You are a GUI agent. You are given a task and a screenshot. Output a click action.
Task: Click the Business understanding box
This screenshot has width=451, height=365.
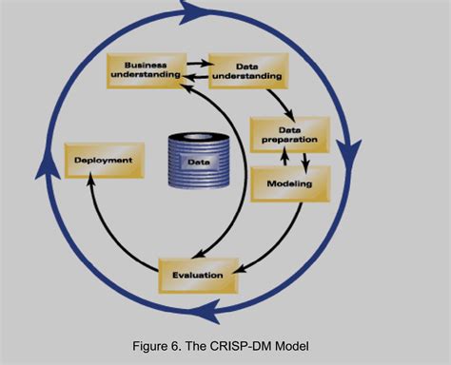[x=146, y=69]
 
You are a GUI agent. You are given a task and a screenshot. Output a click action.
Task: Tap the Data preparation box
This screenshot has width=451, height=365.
[x=290, y=135]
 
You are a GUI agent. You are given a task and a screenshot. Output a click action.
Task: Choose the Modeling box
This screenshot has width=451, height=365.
[x=290, y=182]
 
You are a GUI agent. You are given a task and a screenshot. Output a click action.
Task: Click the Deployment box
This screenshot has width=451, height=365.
[x=104, y=161]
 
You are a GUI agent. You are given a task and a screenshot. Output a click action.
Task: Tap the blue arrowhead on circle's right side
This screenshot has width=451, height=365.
[x=354, y=149]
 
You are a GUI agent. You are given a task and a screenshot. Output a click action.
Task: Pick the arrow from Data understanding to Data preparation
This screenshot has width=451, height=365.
[x=278, y=102]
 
